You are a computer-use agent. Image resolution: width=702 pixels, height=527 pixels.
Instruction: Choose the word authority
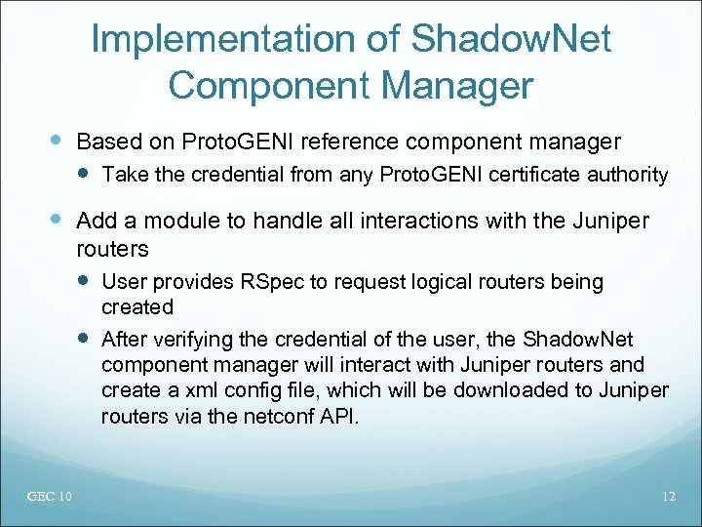click(x=626, y=176)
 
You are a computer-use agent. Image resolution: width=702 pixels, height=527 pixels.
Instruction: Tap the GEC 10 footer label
click(x=49, y=498)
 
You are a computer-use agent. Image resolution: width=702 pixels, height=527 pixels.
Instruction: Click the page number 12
click(x=668, y=498)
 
